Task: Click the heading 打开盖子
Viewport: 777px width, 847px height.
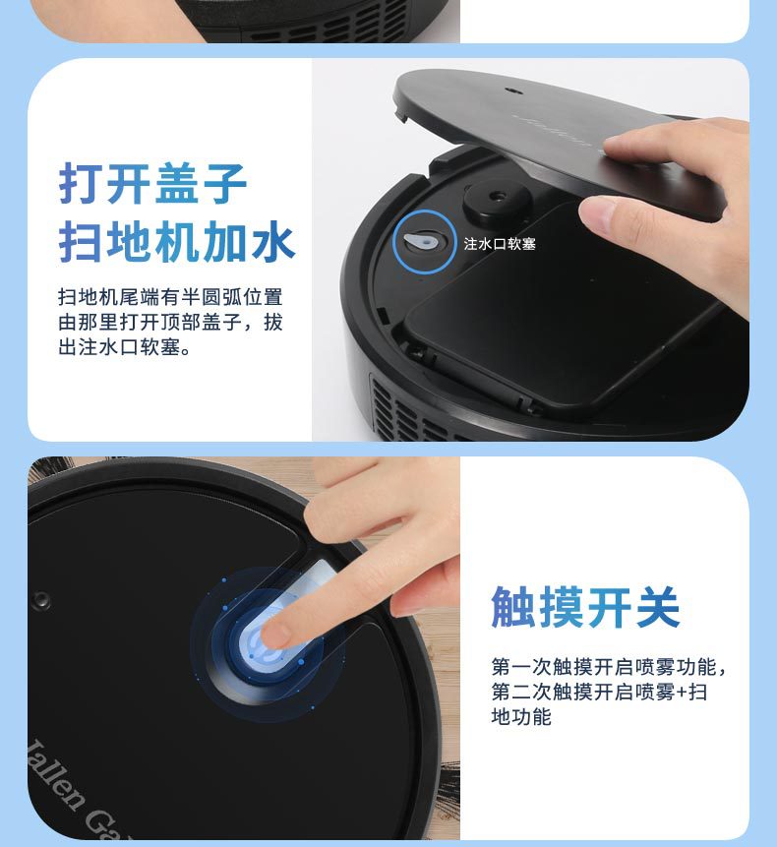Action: tap(152, 183)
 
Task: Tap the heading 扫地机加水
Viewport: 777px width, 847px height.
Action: tap(176, 242)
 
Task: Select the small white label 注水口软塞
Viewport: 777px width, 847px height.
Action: tap(500, 244)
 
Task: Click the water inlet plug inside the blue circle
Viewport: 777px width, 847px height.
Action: tap(421, 241)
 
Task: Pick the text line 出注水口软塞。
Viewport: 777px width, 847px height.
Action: tap(124, 348)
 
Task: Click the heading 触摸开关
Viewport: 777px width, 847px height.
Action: tap(585, 608)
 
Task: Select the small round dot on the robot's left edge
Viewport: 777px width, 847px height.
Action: tap(40, 599)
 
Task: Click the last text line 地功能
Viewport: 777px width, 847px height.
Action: tap(521, 717)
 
